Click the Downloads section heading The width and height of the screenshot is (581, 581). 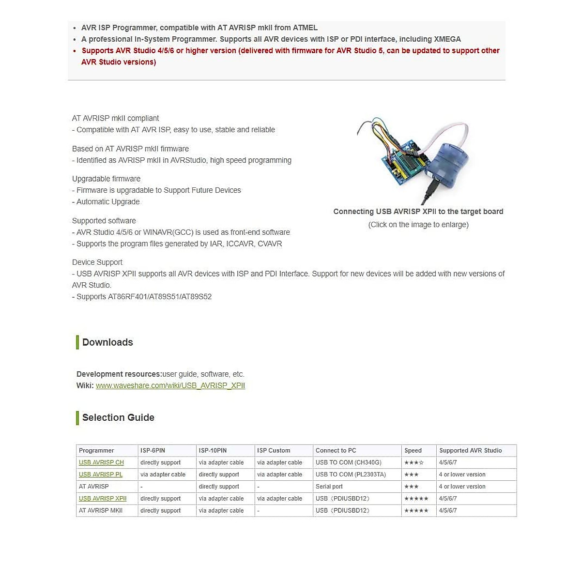pyautogui.click(x=107, y=342)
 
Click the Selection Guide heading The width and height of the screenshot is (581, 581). pyautogui.click(x=118, y=417)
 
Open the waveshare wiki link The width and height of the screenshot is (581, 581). pyautogui.click(x=170, y=385)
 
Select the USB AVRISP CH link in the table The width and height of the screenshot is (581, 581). pyautogui.click(x=101, y=462)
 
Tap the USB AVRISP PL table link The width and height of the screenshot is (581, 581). pyautogui.click(x=101, y=474)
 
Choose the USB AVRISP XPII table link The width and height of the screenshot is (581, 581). pyautogui.click(x=103, y=498)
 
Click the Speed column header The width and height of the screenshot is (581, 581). pyautogui.click(x=413, y=450)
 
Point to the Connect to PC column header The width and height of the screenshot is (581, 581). pyautogui.click(x=336, y=450)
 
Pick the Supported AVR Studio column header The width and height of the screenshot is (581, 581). pyautogui.click(x=470, y=450)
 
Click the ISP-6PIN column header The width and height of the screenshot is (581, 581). pyautogui.click(x=153, y=450)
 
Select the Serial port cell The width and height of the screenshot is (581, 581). pyautogui.click(x=329, y=487)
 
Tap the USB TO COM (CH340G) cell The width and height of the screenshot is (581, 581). pyautogui.click(x=349, y=462)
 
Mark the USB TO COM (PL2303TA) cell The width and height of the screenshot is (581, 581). pyautogui.click(x=351, y=474)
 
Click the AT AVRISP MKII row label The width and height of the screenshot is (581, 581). pyautogui.click(x=101, y=510)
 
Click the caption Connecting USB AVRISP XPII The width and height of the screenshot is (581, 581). pyautogui.click(x=418, y=212)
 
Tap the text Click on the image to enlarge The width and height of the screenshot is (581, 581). pyautogui.click(x=418, y=225)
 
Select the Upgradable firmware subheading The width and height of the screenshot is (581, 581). pyautogui.click(x=106, y=179)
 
